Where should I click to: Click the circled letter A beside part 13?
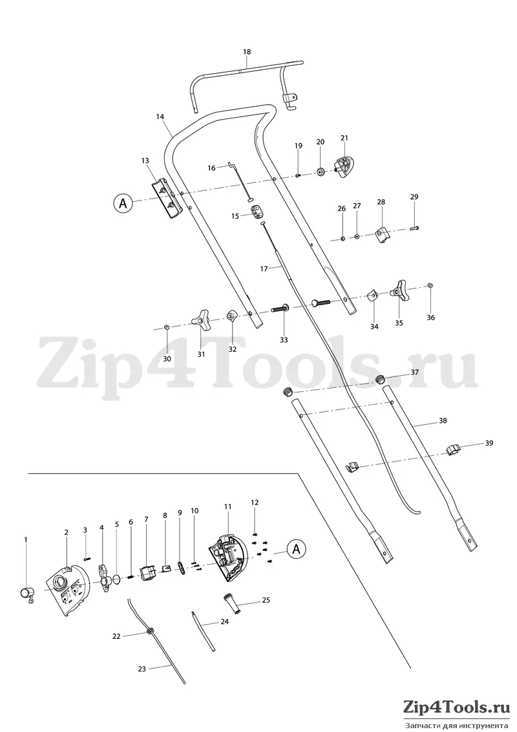pos(123,204)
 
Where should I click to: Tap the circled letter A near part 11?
pos(296,549)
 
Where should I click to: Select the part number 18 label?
pos(247,52)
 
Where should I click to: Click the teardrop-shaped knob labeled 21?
pos(345,167)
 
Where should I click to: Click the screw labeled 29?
pos(414,228)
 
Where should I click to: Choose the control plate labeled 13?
pos(166,199)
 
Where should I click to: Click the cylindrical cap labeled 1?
pos(26,594)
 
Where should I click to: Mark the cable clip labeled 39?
pos(453,449)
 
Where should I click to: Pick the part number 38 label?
pos(443,420)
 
